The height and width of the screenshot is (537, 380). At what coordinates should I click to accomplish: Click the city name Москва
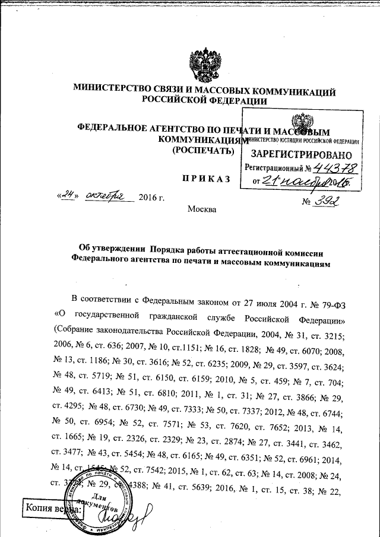coord(202,208)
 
